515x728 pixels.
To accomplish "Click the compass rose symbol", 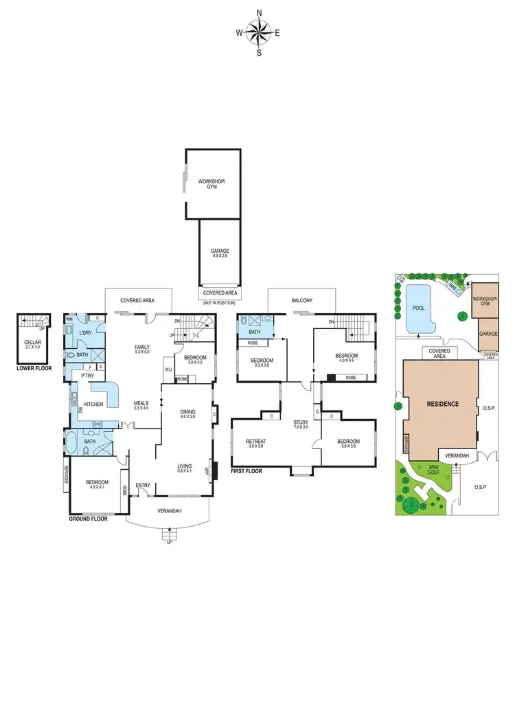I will [x=258, y=32].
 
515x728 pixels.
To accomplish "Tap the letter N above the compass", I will [x=259, y=12].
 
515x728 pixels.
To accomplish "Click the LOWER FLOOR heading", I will [x=34, y=368].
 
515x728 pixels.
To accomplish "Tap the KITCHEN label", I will [x=93, y=405].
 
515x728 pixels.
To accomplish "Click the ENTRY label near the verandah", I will [x=143, y=486].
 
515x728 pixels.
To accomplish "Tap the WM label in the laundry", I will [x=69, y=319].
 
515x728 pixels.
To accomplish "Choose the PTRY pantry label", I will [x=88, y=376].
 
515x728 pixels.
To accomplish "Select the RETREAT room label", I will [x=256, y=443].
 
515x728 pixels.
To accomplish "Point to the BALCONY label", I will [x=302, y=300].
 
